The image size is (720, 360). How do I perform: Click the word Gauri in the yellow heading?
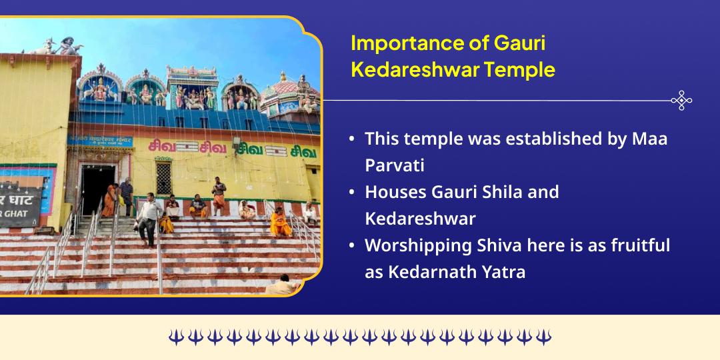tap(520, 43)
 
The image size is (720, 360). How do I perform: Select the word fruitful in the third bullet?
tap(637, 245)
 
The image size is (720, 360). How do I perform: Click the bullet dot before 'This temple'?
tap(351, 139)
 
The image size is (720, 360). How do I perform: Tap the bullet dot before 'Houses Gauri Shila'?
tap(351, 193)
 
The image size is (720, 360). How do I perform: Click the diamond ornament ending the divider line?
tap(681, 101)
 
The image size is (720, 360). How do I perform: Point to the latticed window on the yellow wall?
tap(163, 177)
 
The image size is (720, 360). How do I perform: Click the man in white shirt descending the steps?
tap(147, 217)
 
